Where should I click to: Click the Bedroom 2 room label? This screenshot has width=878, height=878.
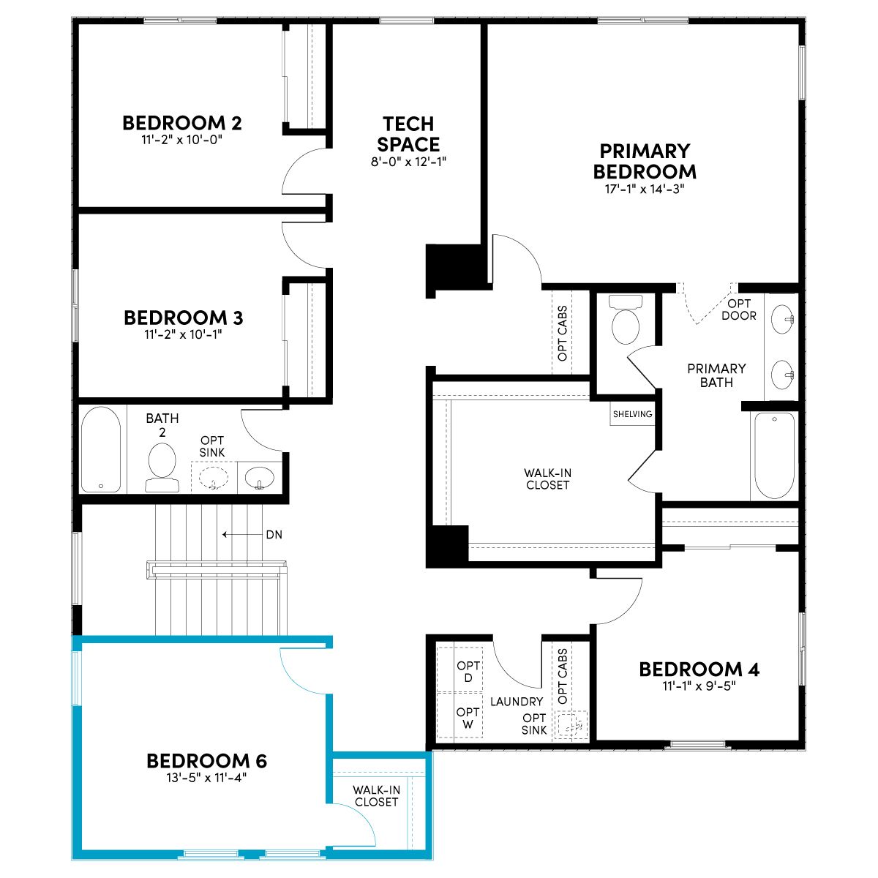pos(181,123)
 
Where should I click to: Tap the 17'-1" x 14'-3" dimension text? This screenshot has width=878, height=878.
pos(645,189)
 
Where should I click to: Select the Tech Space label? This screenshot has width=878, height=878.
pos(408,134)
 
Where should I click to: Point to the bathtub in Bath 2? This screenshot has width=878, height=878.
pos(101,450)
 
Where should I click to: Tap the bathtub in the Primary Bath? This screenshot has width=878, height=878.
pos(774,456)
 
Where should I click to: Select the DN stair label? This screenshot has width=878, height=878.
pos(274,534)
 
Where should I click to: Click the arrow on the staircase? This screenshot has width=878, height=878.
pos(242,534)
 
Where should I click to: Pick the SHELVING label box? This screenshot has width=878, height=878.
pos(632,414)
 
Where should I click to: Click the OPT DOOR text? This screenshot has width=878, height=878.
pos(738,309)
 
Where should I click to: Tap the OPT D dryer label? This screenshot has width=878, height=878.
pos(468,672)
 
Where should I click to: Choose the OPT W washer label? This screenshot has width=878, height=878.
pos(468,718)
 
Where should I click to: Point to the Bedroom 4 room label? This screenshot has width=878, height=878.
pos(699,669)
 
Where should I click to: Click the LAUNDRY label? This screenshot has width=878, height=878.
pos(517,702)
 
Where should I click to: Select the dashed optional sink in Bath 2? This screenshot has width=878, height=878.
pos(214,478)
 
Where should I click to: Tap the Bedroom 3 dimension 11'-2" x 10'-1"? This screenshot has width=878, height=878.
pos(183,334)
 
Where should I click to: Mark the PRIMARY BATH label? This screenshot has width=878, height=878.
pos(716,375)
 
